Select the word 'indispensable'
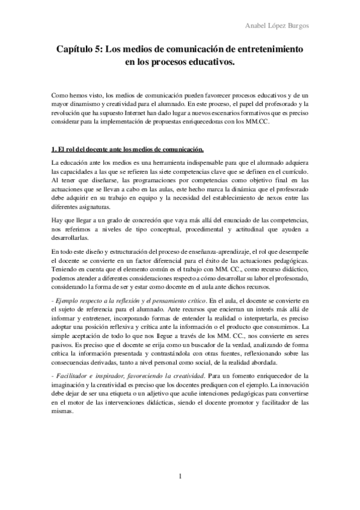(x=188, y=163)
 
